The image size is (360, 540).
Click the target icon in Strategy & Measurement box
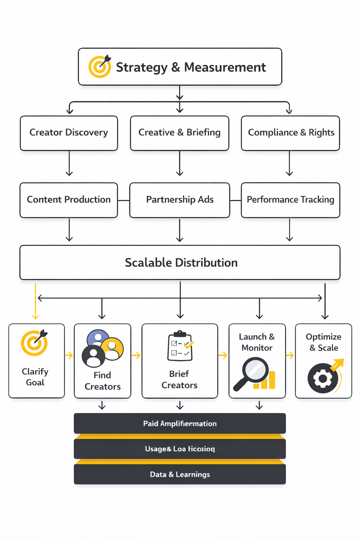click(99, 66)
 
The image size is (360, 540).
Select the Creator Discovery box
click(69, 133)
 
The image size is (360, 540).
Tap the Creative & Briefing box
click(179, 133)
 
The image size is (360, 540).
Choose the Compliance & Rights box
click(290, 133)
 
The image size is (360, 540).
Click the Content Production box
click(69, 200)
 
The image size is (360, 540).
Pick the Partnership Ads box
click(180, 200)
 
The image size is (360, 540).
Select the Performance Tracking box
click(290, 200)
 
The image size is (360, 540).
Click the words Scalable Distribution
click(181, 263)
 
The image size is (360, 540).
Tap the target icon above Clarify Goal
click(34, 343)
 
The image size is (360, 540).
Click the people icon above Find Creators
click(102, 348)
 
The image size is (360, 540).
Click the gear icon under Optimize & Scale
click(323, 378)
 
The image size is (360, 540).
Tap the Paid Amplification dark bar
click(180, 423)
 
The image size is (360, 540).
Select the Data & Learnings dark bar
click(180, 474)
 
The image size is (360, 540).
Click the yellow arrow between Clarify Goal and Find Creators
click(69, 355)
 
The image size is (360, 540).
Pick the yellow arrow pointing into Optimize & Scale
click(290, 355)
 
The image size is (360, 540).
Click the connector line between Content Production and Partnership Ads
click(123, 200)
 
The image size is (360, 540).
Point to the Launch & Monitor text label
click(257, 342)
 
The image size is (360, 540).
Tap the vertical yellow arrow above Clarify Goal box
click(36, 301)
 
